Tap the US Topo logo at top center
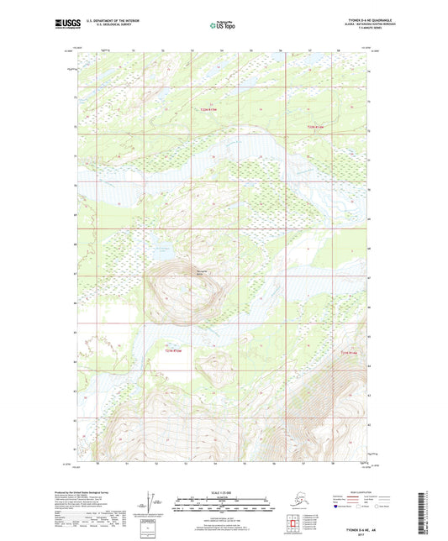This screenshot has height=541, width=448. [x=223, y=26]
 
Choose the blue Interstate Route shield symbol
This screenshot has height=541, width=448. [x=339, y=507]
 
